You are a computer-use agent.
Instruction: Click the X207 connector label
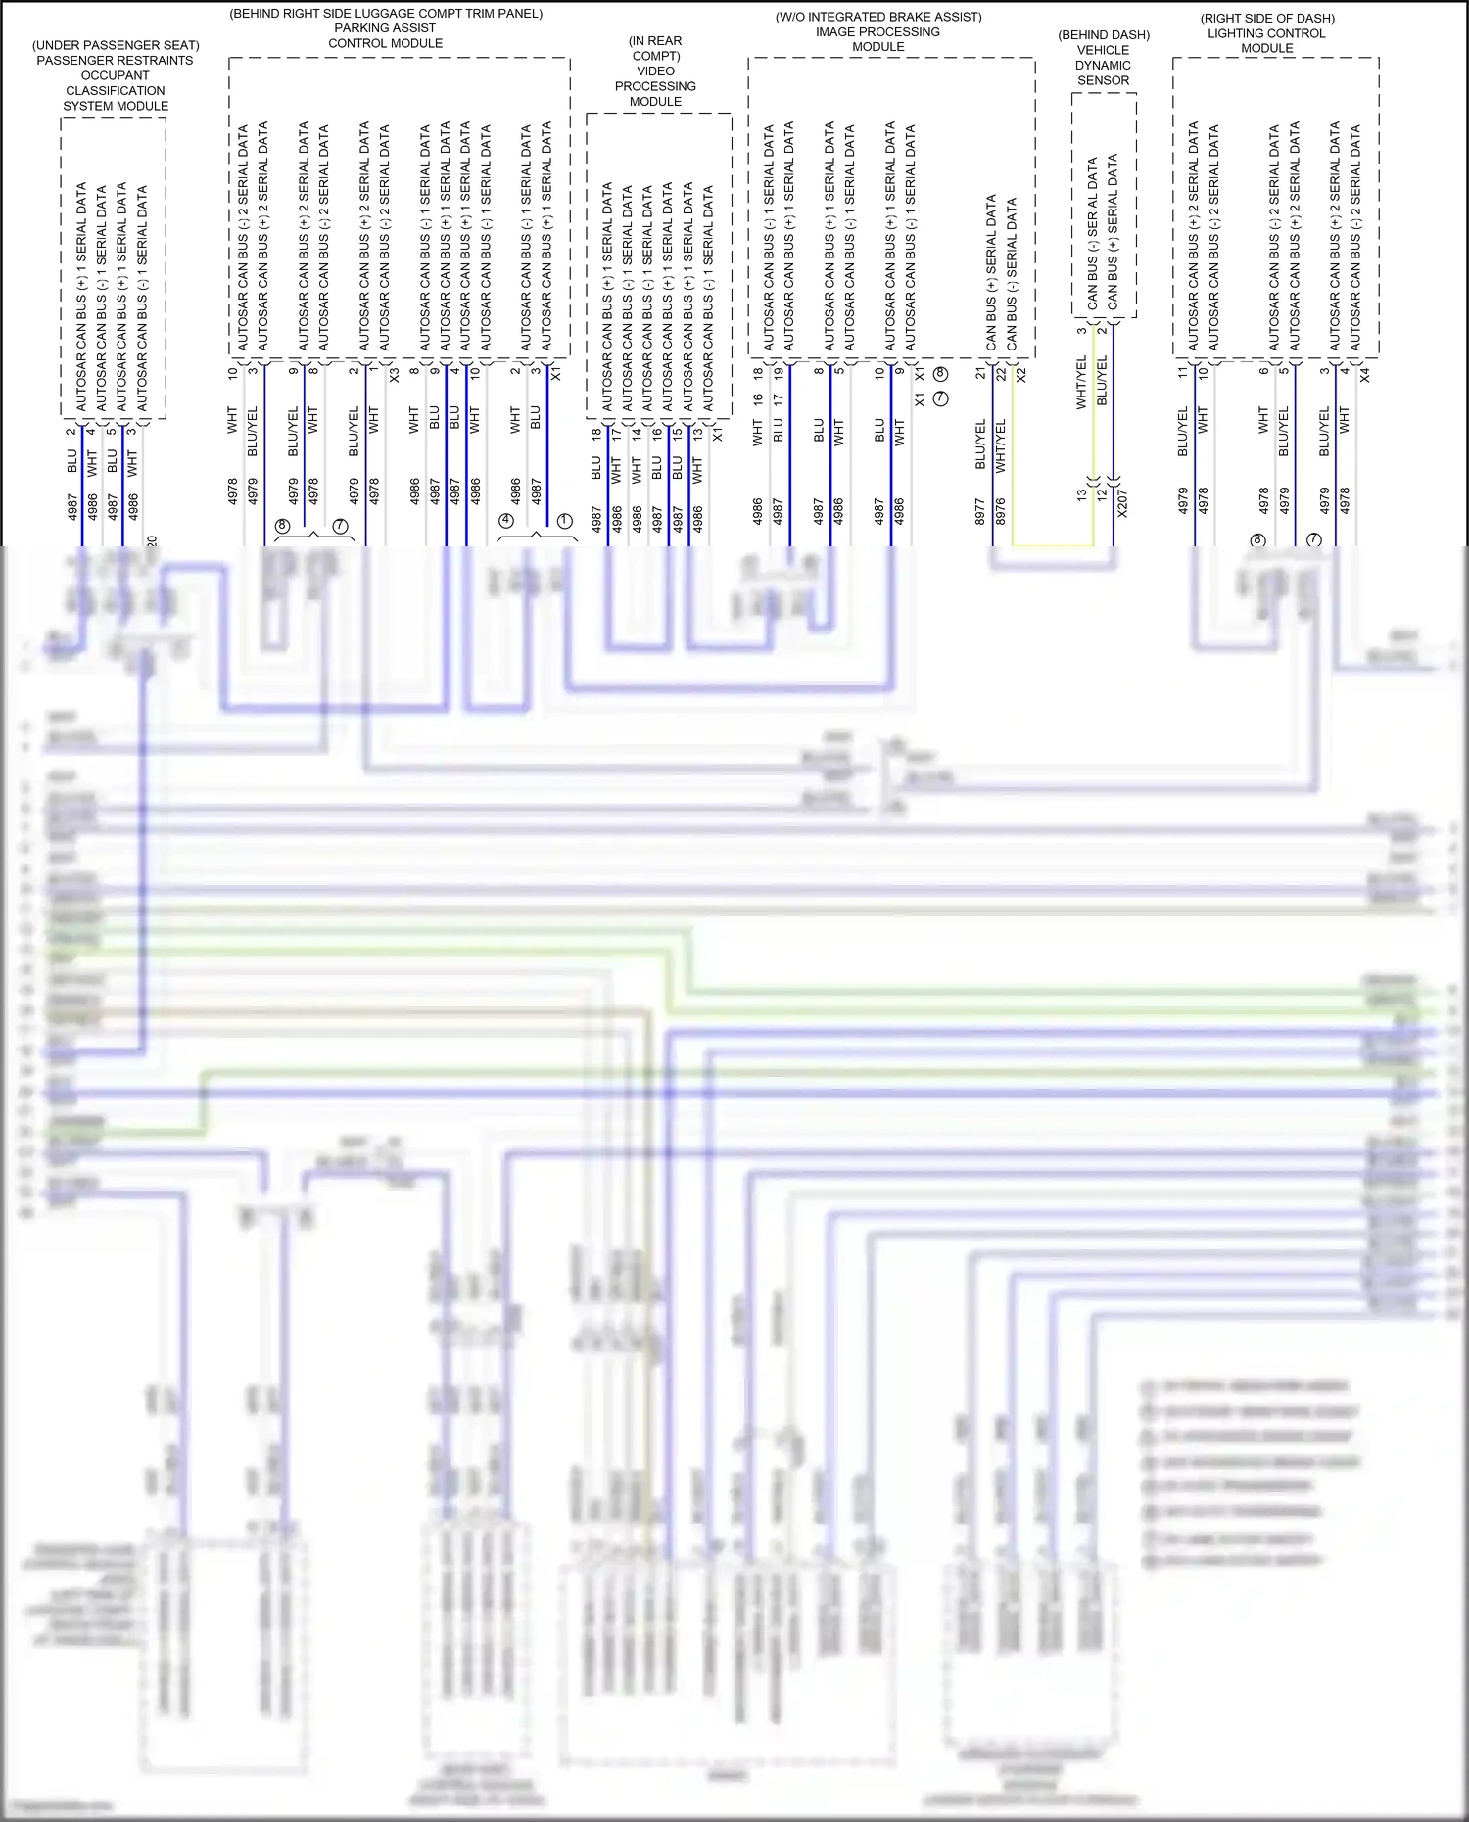click(x=1122, y=503)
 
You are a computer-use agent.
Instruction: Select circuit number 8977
click(x=980, y=512)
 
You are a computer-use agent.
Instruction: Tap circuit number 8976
click(x=1001, y=512)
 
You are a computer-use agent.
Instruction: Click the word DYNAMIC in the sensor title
click(x=1103, y=66)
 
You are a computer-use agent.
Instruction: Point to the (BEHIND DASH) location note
click(x=1104, y=35)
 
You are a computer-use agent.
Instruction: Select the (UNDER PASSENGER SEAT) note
click(x=116, y=45)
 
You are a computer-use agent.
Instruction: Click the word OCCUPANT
click(x=116, y=75)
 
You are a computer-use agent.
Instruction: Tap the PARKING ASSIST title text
click(x=385, y=28)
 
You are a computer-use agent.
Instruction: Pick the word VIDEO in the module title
click(x=655, y=71)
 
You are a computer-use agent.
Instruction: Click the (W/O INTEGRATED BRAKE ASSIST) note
click(x=878, y=17)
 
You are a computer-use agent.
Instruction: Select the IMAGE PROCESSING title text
click(x=877, y=32)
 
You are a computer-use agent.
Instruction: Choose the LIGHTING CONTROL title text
click(x=1266, y=33)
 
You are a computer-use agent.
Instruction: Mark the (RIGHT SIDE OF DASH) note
click(x=1267, y=19)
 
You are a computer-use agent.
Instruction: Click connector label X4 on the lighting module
click(x=1365, y=374)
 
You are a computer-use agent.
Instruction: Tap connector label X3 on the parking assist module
click(x=394, y=374)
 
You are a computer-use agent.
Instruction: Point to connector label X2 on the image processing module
click(x=1021, y=374)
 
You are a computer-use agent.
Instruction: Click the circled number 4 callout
click(x=506, y=521)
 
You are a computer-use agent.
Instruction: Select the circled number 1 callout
click(x=564, y=521)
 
